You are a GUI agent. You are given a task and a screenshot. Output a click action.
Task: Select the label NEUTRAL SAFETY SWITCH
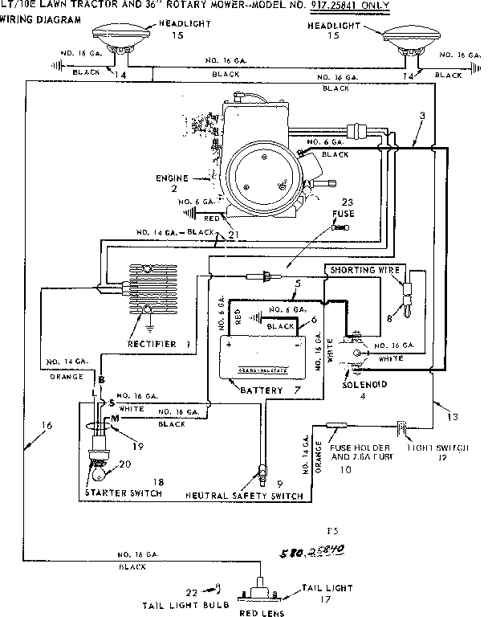click(245, 496)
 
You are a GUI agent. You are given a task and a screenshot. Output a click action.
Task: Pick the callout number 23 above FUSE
click(347, 202)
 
